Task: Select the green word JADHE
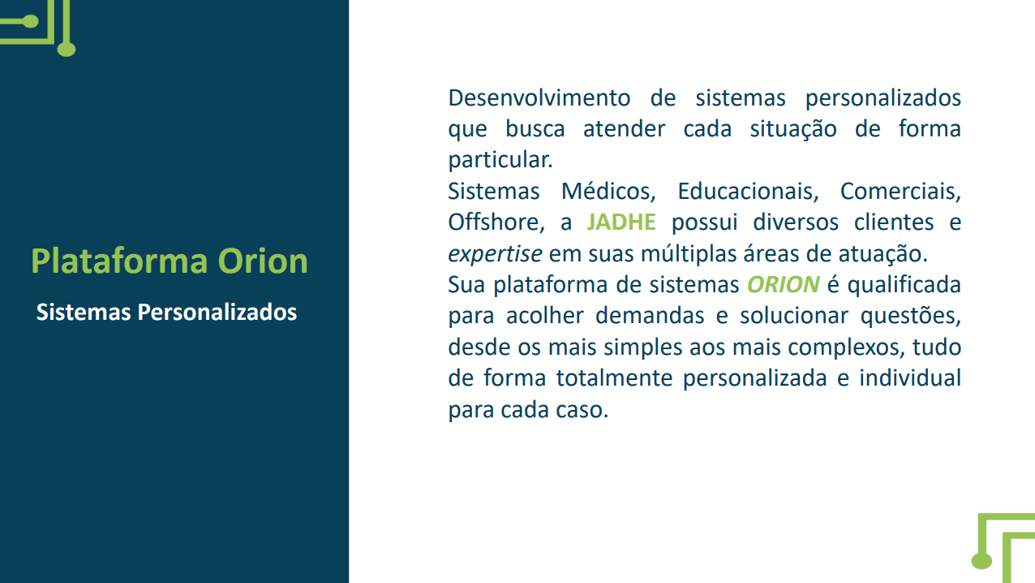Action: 621,222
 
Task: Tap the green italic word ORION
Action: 783,285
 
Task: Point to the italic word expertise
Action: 495,254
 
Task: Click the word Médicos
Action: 608,192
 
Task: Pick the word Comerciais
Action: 900,192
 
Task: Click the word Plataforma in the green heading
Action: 119,261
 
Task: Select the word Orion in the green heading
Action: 263,261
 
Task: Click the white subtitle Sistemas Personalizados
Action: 166,312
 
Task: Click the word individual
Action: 910,378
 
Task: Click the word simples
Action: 633,348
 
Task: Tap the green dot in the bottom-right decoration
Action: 981,560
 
